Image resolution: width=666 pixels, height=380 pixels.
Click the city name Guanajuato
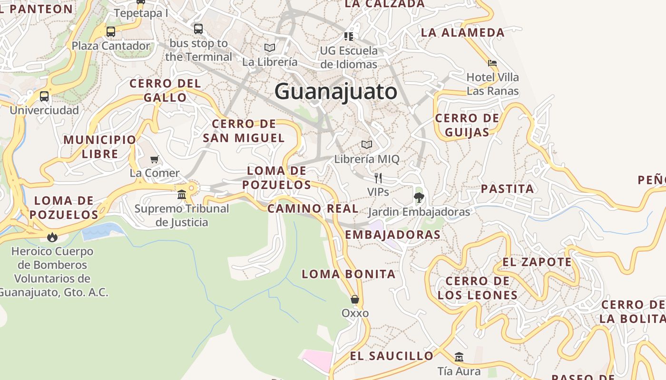click(335, 91)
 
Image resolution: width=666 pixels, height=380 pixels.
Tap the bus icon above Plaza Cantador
click(110, 32)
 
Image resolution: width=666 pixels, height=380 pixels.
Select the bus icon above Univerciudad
click(44, 96)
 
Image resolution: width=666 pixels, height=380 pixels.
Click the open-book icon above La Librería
click(270, 47)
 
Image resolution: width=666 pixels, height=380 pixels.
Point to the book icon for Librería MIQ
click(366, 144)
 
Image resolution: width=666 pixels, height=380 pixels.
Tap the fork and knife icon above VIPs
click(378, 178)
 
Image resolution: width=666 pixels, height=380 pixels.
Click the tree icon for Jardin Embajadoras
click(419, 198)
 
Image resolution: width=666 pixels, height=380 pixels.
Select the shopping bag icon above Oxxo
click(354, 299)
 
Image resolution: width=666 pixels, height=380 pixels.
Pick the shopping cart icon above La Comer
click(155, 159)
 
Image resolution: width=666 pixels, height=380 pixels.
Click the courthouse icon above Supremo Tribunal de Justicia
click(182, 194)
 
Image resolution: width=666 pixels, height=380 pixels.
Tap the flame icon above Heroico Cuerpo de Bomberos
click(52, 237)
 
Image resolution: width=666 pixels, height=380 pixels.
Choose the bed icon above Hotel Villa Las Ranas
click(492, 63)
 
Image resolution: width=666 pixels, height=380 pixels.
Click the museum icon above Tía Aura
click(459, 357)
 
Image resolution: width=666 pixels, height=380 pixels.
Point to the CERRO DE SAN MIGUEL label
click(244, 131)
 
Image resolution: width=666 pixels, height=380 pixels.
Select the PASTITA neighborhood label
click(507, 189)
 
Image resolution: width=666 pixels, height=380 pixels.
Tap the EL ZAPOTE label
click(537, 262)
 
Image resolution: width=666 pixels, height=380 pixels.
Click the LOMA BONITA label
click(349, 274)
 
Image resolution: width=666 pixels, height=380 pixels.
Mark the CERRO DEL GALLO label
click(165, 90)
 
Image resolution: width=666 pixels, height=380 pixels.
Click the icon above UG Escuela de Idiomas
click(349, 36)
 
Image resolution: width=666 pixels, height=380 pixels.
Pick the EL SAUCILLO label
click(392, 356)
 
